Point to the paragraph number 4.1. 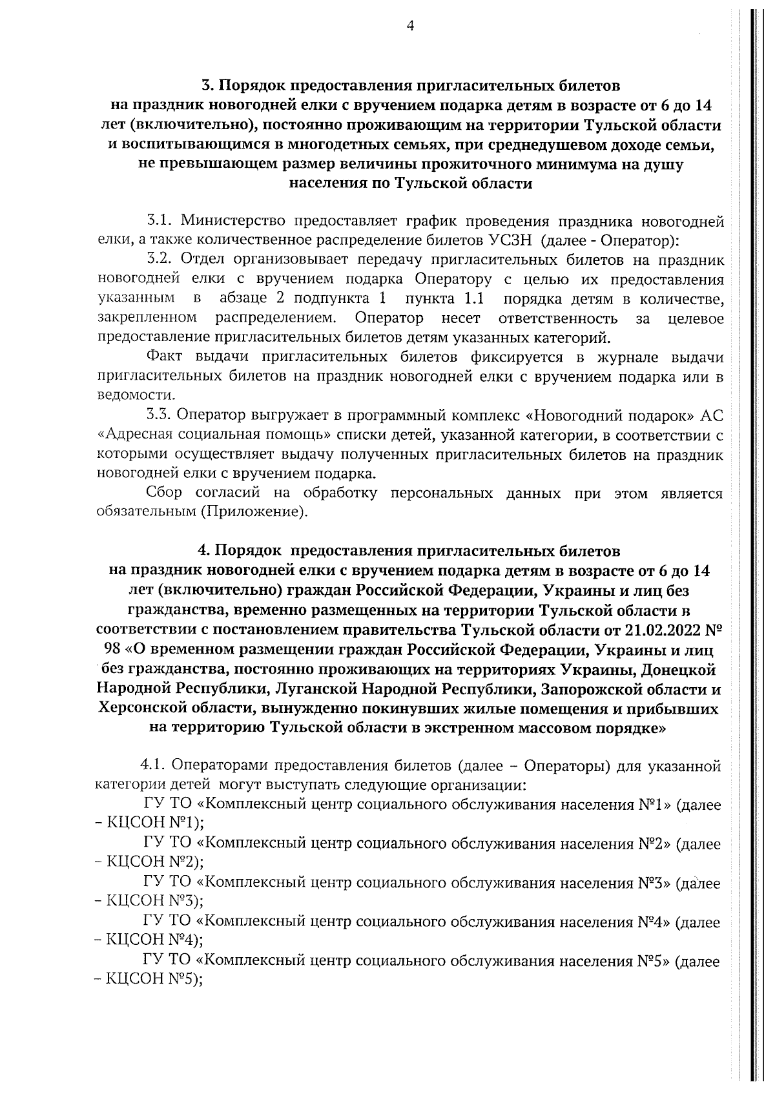pyautogui.click(x=154, y=767)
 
